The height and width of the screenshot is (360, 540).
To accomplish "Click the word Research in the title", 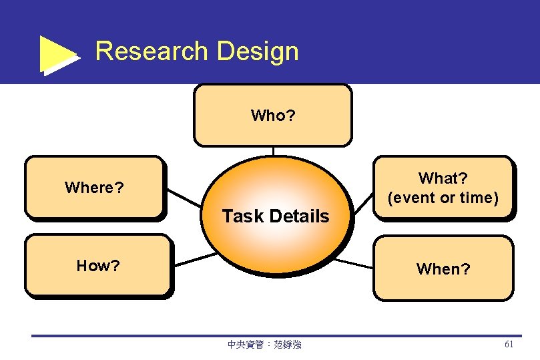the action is (152, 51).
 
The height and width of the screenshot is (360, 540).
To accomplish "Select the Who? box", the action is (272, 115).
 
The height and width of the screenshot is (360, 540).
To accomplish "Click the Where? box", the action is (94, 187).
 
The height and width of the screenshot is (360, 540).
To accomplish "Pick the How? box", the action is (98, 265).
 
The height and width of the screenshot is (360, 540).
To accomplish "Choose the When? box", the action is (443, 268).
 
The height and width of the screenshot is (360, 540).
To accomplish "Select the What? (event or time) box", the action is (443, 188).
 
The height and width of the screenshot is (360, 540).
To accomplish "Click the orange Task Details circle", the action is (276, 214).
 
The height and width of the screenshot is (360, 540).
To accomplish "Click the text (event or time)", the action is (443, 198).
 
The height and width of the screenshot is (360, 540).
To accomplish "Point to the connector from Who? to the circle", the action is (273, 151).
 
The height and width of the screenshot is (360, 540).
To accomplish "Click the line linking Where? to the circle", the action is (184, 198).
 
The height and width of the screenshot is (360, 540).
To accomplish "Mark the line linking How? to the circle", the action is (195, 259).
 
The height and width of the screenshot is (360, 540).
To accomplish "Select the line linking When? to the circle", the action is (353, 262).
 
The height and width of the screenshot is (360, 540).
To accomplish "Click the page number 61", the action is (509, 345).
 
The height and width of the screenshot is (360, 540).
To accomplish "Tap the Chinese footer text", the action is (264, 345).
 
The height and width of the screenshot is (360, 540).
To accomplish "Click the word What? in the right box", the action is (443, 178).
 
